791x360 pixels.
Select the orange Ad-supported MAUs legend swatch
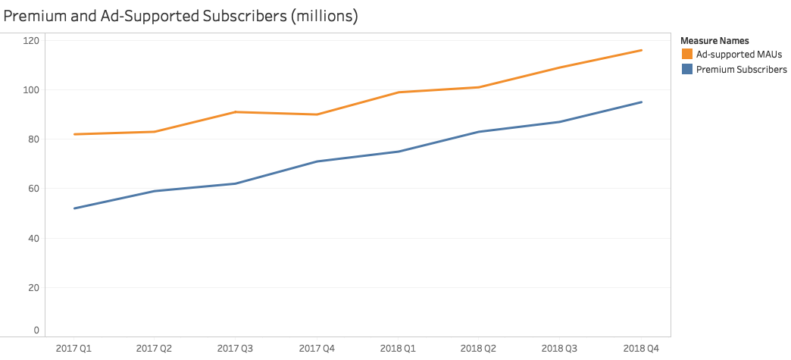tap(687, 55)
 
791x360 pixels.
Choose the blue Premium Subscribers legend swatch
tap(687, 70)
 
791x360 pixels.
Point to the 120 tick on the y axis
tap(31, 40)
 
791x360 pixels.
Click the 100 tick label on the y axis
tap(31, 90)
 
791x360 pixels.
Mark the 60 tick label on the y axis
tap(33, 189)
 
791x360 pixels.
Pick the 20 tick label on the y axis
tap(33, 288)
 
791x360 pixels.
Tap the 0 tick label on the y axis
tap(36, 331)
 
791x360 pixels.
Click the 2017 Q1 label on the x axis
tap(74, 349)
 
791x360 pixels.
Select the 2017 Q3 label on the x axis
tap(236, 349)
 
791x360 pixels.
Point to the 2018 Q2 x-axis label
tap(480, 349)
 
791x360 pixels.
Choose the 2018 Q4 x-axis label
tap(642, 349)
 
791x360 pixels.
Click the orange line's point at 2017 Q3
tap(236, 112)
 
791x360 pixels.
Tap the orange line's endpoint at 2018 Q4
tap(642, 50)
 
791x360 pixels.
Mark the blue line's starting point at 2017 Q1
tap(74, 208)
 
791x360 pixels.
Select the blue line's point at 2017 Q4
tap(317, 161)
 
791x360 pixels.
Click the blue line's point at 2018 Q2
tap(480, 132)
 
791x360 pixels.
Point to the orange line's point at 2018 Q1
tap(399, 92)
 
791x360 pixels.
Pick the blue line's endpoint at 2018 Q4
tap(642, 102)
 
